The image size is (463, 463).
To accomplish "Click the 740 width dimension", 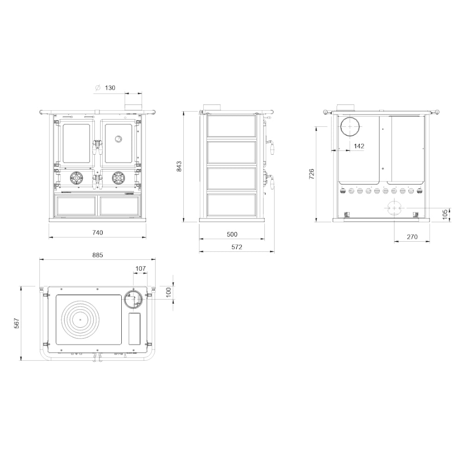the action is click(x=97, y=233).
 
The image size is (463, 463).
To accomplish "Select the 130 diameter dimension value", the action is click(x=110, y=88).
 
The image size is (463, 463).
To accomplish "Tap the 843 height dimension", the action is click(x=179, y=167).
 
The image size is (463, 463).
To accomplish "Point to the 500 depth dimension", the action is click(x=232, y=234).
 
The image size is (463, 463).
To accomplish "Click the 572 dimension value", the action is click(x=237, y=247).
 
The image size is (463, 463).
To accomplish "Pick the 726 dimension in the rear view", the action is click(x=311, y=174).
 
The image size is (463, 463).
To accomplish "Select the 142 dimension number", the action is click(x=359, y=146).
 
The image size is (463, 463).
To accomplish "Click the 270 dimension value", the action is click(x=412, y=237).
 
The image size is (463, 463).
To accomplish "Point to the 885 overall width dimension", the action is click(x=97, y=255).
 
